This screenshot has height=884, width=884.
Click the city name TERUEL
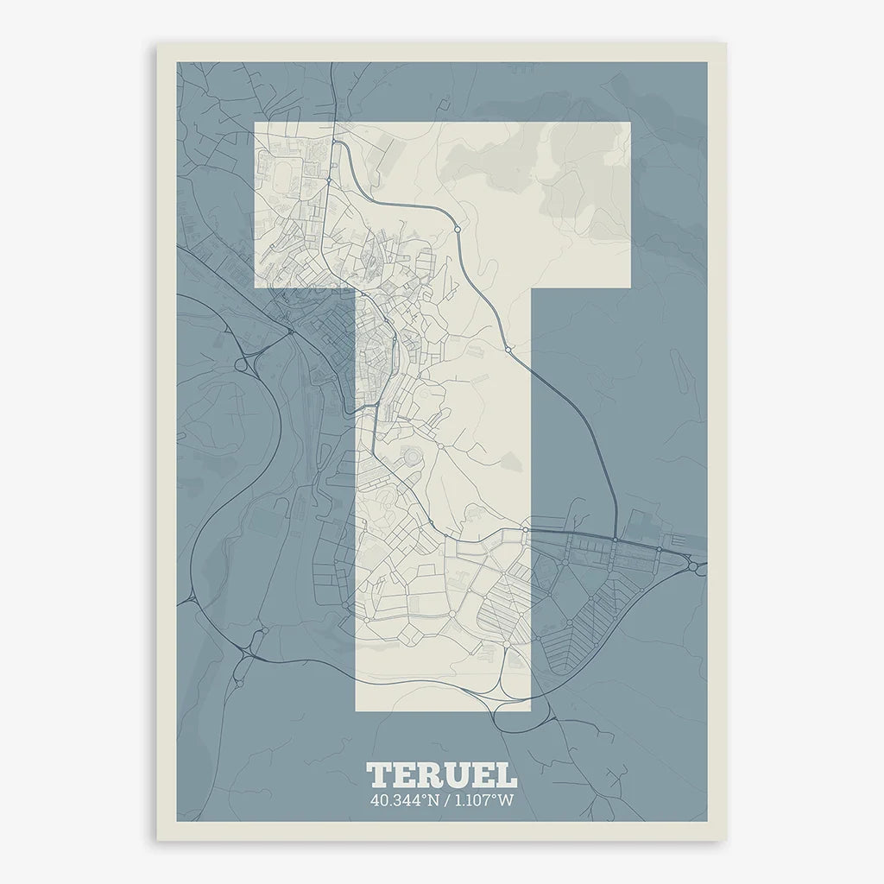pos(441,774)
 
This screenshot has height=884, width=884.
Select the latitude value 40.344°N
pos(402,800)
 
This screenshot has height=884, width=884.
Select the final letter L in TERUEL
pos(506,774)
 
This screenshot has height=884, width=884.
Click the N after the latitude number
pos(432,800)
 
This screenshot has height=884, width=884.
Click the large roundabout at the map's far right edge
pos(693,566)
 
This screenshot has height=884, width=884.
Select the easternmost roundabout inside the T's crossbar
pos(455,230)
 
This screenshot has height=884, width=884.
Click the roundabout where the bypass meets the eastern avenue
pos(615,540)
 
